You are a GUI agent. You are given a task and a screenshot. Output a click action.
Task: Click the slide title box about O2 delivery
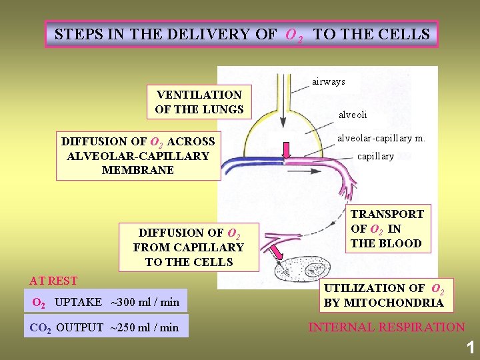[x=241, y=34]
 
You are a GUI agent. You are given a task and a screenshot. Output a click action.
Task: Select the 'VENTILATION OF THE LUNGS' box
[x=199, y=102]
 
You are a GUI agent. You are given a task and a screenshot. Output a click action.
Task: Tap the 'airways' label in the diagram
[x=328, y=81]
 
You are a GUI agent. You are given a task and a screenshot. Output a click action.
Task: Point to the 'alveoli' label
[x=353, y=115]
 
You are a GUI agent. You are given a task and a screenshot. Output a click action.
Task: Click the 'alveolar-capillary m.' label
[x=381, y=138]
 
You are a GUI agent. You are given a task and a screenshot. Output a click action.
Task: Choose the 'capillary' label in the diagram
[x=375, y=156]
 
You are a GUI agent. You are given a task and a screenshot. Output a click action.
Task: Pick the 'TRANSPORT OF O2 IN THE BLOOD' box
[x=387, y=229]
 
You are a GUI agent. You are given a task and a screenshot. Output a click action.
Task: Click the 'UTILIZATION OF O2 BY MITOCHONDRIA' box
[x=384, y=295]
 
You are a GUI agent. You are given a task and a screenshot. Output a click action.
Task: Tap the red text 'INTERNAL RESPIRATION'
[x=386, y=327]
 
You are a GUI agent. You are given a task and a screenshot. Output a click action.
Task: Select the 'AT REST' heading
[x=53, y=281]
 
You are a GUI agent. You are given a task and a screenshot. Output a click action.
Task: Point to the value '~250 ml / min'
[x=144, y=327]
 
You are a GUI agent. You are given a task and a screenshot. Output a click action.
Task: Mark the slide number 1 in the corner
[x=470, y=347]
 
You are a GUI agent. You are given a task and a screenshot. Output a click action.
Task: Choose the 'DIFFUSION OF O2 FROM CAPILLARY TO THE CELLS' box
[x=189, y=247]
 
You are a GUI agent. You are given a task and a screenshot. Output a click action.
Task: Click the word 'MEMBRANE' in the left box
[x=138, y=170]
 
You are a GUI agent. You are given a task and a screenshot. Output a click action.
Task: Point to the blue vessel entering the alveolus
[x=247, y=162]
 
